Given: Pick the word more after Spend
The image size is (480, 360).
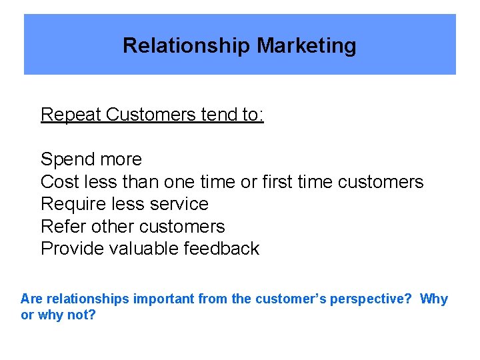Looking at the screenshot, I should tap(121, 159).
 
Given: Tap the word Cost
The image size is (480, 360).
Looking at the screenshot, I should tap(61, 182).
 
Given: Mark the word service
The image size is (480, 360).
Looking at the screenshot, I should tap(179, 204).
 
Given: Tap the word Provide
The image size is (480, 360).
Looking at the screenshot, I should tap(74, 249).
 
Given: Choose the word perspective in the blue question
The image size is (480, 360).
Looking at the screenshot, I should tap(373, 299).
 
